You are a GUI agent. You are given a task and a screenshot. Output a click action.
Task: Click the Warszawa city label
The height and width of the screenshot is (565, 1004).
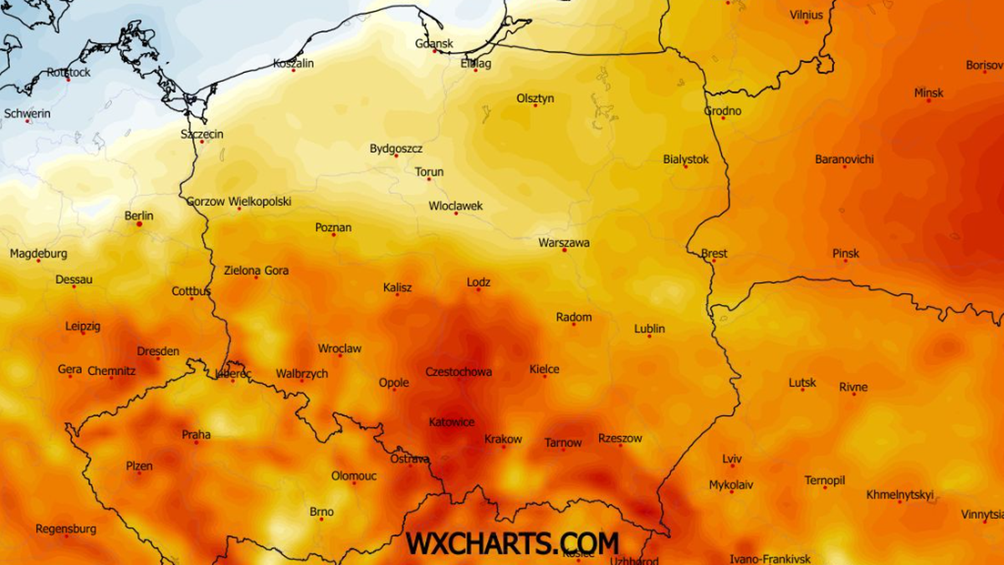[x=564, y=243]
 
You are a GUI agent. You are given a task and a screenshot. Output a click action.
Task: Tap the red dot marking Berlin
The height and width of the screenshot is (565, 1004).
[x=139, y=224]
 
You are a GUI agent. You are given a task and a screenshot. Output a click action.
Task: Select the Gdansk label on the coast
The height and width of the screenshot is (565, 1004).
[x=434, y=43]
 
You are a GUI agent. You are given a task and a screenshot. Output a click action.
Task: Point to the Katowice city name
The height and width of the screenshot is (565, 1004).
[x=451, y=422]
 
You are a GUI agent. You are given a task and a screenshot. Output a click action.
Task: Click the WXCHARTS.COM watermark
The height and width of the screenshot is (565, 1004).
[x=512, y=542]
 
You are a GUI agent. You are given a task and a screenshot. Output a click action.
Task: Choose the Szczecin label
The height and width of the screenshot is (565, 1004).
[x=202, y=134]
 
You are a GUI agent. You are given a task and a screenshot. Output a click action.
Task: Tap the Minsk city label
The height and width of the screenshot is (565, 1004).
[x=929, y=93]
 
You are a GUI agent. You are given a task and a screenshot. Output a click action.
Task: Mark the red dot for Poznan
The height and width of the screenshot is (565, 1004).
[x=334, y=235]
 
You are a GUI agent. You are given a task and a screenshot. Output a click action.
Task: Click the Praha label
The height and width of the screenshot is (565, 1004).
[x=196, y=434]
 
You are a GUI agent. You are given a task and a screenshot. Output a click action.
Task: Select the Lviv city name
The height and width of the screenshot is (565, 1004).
[x=731, y=459]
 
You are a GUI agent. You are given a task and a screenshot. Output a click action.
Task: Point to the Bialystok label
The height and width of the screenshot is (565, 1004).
[x=685, y=158]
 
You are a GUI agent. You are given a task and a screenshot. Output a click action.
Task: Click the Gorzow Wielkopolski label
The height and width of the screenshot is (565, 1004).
[x=238, y=201]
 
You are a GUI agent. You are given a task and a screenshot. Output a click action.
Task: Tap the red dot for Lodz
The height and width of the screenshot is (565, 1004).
[x=479, y=290]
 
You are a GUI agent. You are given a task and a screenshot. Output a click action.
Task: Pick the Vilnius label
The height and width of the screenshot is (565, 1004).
[x=806, y=14]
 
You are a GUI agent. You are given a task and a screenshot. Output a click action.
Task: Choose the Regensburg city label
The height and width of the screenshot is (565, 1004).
[x=65, y=529]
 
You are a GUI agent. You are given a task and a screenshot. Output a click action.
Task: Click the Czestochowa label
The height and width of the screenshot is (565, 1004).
[x=458, y=372]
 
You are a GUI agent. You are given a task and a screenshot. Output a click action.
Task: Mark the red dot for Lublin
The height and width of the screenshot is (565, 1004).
[x=649, y=336]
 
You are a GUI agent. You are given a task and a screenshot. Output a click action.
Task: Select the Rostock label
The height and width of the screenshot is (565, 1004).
[x=69, y=72]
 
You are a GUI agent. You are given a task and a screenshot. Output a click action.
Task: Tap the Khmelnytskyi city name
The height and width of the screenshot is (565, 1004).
[x=899, y=494]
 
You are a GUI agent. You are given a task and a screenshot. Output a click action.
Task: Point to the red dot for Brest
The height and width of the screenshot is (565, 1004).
[x=714, y=260]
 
